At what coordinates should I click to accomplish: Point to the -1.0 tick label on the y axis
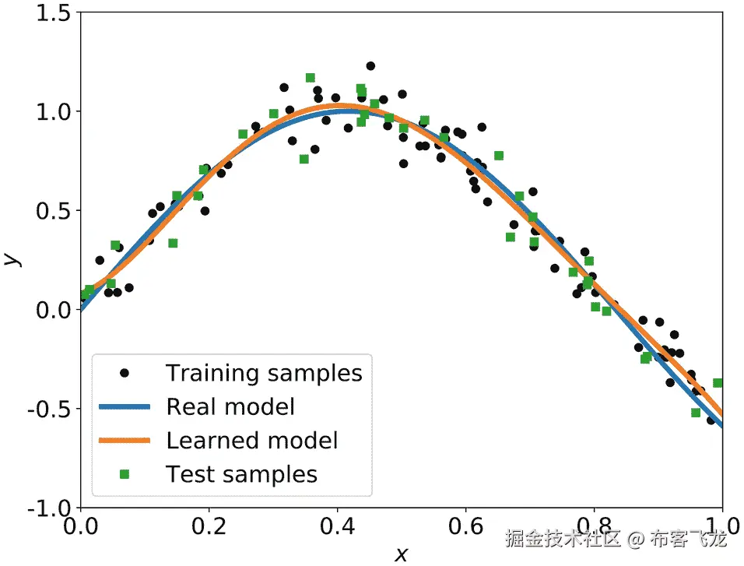pyautogui.click(x=49, y=508)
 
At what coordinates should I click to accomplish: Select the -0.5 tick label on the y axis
pyautogui.click(x=49, y=410)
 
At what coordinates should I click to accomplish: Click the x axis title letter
pyautogui.click(x=401, y=554)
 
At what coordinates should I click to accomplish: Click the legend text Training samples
pyautogui.click(x=264, y=373)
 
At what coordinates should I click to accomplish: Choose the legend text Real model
pyautogui.click(x=230, y=406)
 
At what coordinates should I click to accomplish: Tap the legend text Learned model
pyautogui.click(x=252, y=440)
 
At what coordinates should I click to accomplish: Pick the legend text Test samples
pyautogui.click(x=241, y=474)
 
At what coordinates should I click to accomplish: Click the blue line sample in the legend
pyautogui.click(x=124, y=406)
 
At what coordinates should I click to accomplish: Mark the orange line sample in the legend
pyautogui.click(x=124, y=440)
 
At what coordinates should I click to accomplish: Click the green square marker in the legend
pyautogui.click(x=124, y=474)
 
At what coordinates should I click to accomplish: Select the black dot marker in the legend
pyautogui.click(x=124, y=373)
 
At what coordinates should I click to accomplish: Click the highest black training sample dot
pyautogui.click(x=370, y=66)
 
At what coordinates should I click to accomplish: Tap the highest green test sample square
pyautogui.click(x=310, y=77)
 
